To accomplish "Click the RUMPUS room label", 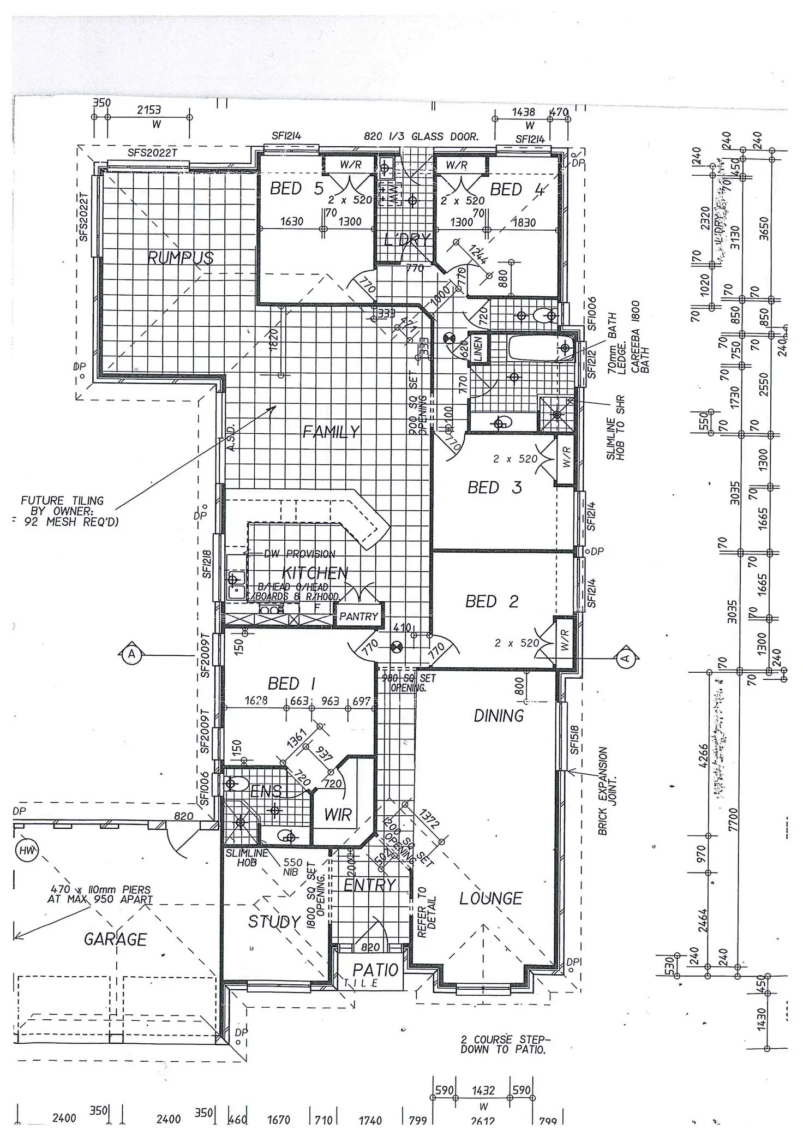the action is coord(181,258).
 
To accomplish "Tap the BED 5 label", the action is coord(297,189).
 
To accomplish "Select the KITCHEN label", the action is coord(315,573).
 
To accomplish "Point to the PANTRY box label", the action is coord(358,617).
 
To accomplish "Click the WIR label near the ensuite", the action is coord(338,815).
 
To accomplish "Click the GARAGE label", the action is coord(115,939).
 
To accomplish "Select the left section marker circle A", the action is coord(131,654).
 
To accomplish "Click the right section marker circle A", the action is coord(626,659).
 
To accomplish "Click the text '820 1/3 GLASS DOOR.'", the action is coord(421,137).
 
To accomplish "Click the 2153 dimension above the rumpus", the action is coord(149,110).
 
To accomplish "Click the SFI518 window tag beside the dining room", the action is coord(574,740).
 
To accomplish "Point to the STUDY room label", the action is coord(274,922).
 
